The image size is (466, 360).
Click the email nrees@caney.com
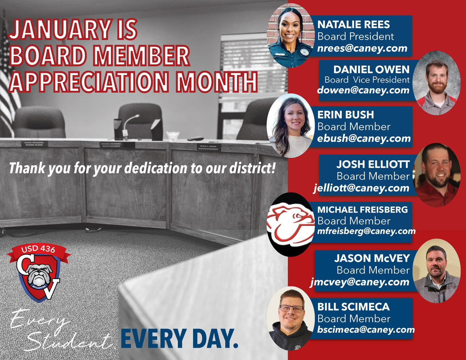click(362, 49)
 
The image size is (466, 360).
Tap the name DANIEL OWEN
click(371, 69)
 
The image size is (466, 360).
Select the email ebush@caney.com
click(364, 138)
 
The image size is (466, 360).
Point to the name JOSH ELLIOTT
click(373, 164)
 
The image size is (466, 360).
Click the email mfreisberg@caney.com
click(366, 231)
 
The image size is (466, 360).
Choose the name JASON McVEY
click(372, 258)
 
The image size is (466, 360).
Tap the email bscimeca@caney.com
click(366, 330)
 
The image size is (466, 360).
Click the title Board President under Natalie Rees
click(355, 36)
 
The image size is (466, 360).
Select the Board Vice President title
click(367, 80)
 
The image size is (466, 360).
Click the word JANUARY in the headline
click(60, 30)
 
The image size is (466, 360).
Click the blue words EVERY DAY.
click(179, 338)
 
